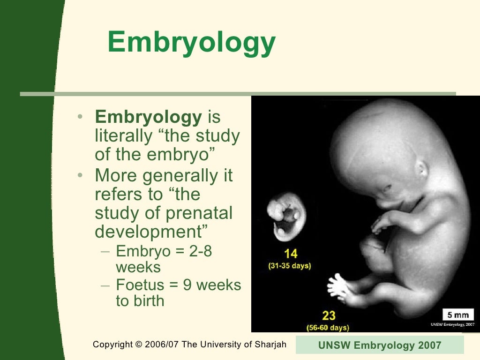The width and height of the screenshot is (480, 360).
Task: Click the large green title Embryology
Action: pyautogui.click(x=191, y=43)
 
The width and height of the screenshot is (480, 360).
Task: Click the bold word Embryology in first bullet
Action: pyautogui.click(x=148, y=118)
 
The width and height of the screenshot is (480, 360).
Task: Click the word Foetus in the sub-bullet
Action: pyautogui.click(x=139, y=285)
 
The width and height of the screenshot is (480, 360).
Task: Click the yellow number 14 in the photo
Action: pyautogui.click(x=291, y=254)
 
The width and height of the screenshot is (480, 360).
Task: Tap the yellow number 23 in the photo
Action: pyautogui.click(x=329, y=315)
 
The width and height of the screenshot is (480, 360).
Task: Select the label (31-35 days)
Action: pyautogui.click(x=289, y=266)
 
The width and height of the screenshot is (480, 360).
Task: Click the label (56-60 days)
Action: pyautogui.click(x=328, y=327)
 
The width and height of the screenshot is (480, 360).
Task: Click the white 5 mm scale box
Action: pyautogui.click(x=458, y=315)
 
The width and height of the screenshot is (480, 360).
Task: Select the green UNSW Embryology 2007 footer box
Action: pyautogui.click(x=380, y=345)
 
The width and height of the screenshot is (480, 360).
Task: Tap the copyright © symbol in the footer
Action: pyautogui.click(x=138, y=345)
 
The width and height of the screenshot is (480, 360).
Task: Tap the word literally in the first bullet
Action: pyautogui.click(x=123, y=137)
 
